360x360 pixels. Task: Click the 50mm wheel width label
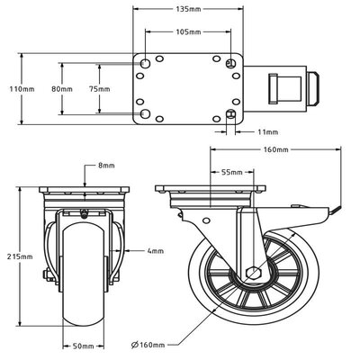pos(84,345)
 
